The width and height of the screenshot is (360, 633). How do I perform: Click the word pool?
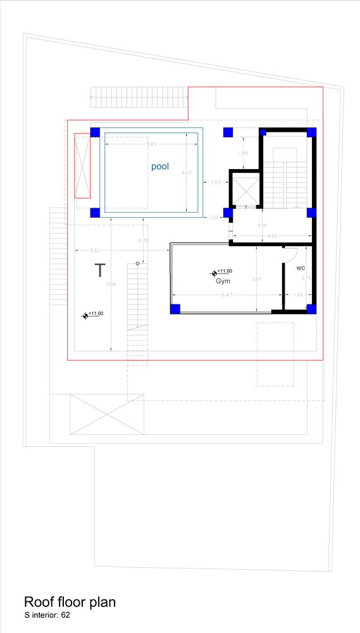click(x=159, y=166)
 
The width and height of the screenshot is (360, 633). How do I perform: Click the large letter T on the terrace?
click(x=99, y=270)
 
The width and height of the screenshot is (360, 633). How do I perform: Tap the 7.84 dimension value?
click(x=111, y=284)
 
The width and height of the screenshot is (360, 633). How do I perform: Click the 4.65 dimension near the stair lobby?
click(x=272, y=236)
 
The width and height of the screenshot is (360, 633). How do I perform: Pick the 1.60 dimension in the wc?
click(x=299, y=294)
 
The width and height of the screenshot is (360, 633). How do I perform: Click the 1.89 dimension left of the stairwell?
click(x=243, y=153)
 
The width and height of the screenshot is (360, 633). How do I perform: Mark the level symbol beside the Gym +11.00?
click(x=214, y=273)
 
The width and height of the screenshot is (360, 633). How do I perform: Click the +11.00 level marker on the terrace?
click(x=85, y=315)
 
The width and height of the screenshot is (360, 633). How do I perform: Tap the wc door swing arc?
click(x=290, y=253)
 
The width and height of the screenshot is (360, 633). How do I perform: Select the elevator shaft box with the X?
click(x=244, y=190)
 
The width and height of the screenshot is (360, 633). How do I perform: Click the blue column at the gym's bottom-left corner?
click(x=175, y=309)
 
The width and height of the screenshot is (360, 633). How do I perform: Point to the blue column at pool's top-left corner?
click(x=95, y=132)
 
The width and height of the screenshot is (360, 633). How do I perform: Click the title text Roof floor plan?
click(x=70, y=601)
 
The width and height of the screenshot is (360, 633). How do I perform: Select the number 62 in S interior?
click(x=65, y=615)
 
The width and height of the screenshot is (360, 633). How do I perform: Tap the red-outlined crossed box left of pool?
click(x=82, y=166)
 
